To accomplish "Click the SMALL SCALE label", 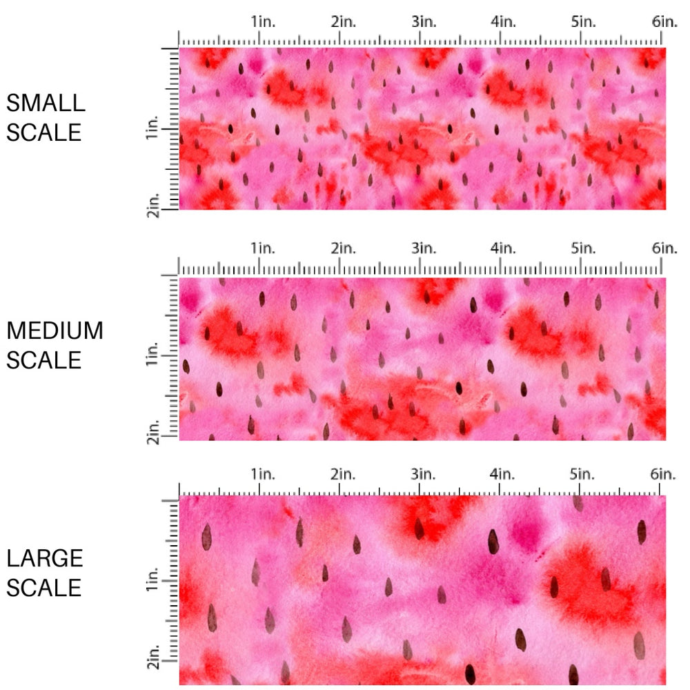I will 46,117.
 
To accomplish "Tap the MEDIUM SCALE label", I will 55,345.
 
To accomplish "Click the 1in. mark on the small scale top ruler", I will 262,22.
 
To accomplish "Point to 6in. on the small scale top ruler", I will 664,22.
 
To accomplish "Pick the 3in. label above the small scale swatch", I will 424,22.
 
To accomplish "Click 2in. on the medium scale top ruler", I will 343,248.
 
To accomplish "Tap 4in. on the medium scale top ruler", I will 504,248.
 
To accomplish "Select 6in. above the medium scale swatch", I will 664,248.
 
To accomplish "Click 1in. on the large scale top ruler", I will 262,474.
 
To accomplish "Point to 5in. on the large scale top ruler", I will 583,474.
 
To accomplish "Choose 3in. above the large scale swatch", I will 424,474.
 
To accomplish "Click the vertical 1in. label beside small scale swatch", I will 153,128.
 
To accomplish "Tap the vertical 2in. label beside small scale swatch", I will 153,206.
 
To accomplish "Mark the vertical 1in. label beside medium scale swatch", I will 153,357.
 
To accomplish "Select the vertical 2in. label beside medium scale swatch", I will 153,435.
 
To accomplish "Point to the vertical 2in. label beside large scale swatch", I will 153,663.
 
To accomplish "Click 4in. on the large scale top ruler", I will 504,474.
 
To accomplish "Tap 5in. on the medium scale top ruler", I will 583,248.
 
